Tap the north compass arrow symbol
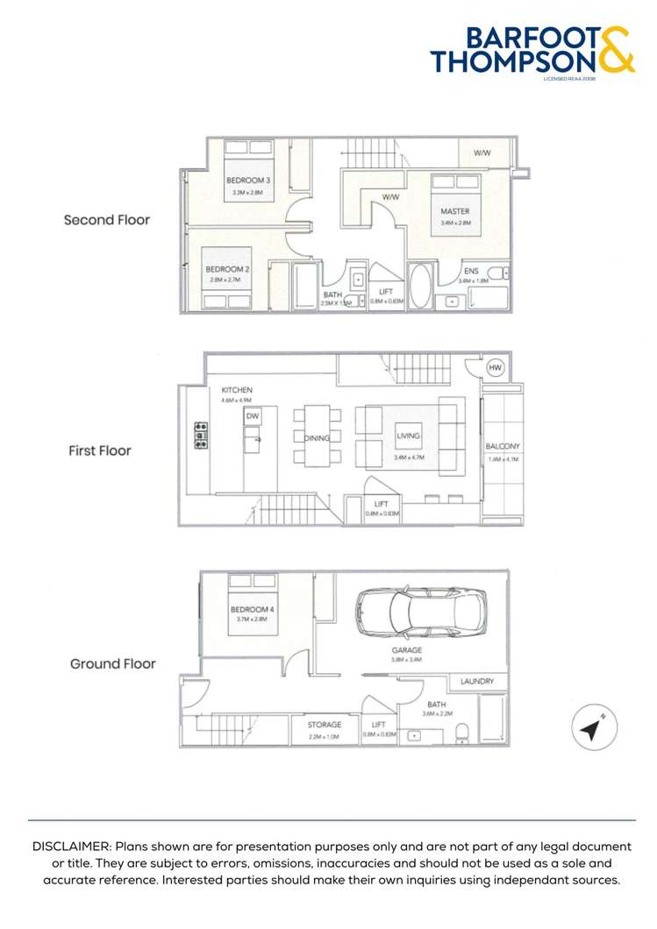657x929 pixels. coord(591,728)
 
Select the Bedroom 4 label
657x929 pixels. coord(250,609)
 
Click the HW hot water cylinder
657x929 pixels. coord(495,369)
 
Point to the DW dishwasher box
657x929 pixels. coord(252,415)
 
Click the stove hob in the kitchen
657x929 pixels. coord(201,436)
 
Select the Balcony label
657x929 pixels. coord(503,447)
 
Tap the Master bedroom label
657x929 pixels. coord(454,211)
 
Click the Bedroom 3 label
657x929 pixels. coord(248,181)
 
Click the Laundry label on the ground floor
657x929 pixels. coord(477,681)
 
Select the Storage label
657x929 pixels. coord(324,725)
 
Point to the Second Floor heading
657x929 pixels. coord(106,220)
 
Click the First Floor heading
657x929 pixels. coord(100,451)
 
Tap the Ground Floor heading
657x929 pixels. coord(113,663)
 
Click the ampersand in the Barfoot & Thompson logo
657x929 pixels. coord(616,49)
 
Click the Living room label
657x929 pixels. coord(408,436)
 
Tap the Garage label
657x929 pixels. coord(406,650)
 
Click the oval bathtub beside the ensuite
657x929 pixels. coord(420,287)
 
